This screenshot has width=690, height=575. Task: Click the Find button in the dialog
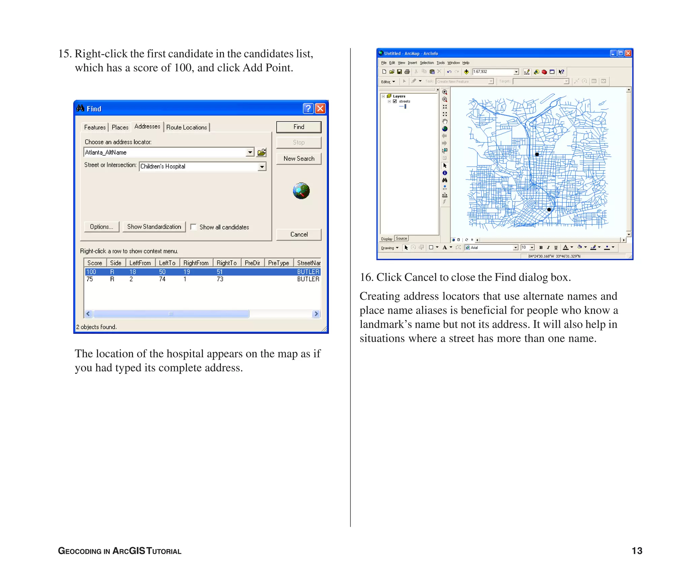299,127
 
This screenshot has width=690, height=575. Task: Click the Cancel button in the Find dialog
299,234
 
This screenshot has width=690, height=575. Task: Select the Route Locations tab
187,127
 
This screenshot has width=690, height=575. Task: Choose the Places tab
120,127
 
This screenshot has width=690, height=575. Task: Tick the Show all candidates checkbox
194,227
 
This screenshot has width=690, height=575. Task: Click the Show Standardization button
154,227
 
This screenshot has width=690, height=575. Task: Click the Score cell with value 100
91,272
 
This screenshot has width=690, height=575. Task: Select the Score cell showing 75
90,279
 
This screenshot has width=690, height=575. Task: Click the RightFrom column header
196,263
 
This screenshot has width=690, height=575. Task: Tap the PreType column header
278,263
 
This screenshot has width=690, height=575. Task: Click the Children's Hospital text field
198,166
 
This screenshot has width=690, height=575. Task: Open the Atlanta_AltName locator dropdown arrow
250,152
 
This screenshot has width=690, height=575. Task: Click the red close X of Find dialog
320,108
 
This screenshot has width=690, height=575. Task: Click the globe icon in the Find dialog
301,191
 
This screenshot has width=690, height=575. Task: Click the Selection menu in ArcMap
427,63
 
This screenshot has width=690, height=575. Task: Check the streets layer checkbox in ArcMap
395,101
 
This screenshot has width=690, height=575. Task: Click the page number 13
637,551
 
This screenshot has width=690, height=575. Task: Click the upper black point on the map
537,155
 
